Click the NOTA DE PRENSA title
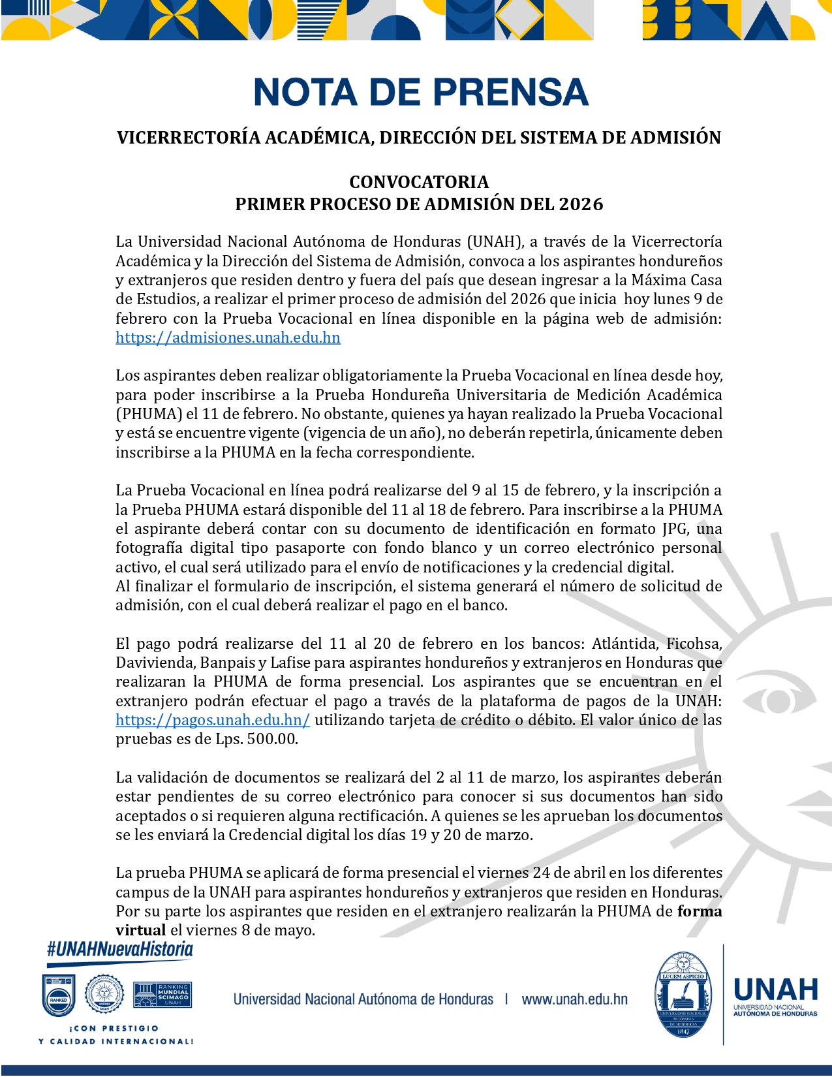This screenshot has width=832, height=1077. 421,92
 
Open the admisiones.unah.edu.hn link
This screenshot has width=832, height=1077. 228,337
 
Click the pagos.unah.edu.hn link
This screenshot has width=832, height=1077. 213,720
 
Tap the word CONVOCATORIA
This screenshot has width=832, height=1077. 419,181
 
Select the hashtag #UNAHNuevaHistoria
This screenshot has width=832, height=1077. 120,949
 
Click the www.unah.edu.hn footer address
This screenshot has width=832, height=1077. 574,999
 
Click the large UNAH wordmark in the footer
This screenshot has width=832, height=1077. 775,990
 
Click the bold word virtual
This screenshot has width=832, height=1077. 140,930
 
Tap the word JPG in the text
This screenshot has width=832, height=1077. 675,529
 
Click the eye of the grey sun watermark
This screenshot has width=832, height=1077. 777,700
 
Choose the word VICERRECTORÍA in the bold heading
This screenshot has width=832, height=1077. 189,138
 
